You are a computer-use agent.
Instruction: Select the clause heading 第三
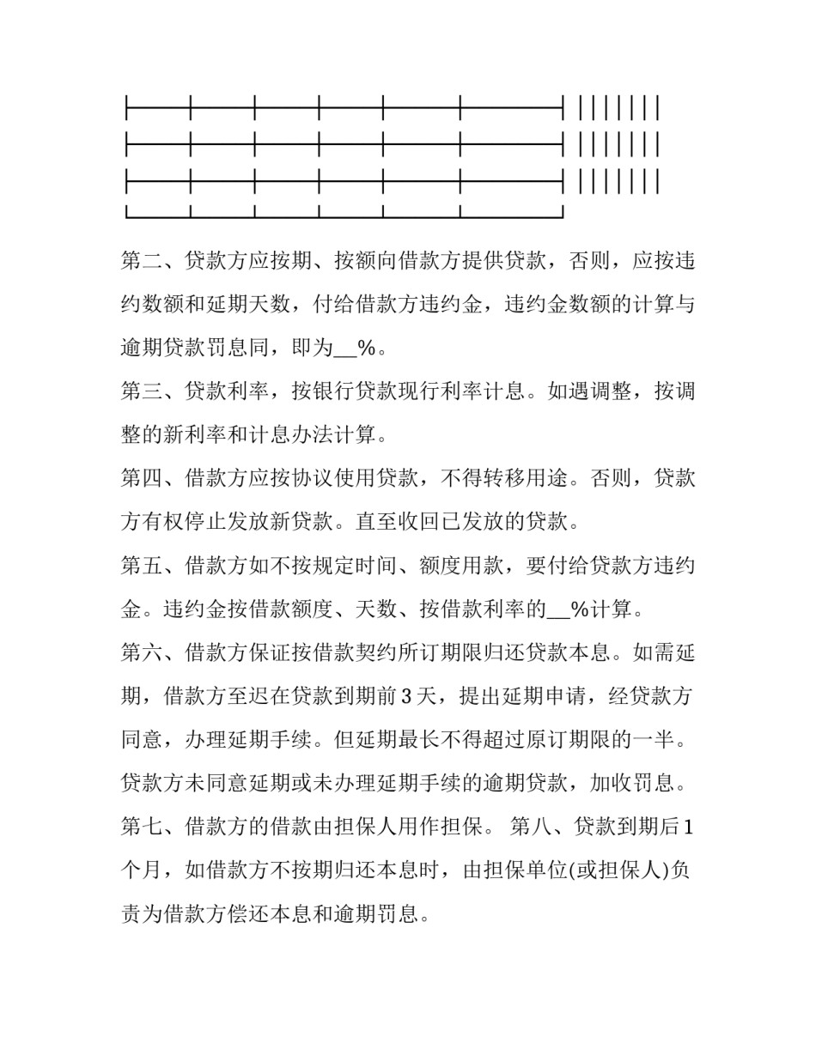[142, 391]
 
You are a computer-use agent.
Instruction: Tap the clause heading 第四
[142, 478]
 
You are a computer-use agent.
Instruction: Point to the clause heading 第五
[142, 566]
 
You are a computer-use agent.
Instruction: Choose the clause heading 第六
[142, 652]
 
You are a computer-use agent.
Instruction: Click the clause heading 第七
[142, 827]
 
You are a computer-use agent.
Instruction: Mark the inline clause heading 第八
[531, 827]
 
